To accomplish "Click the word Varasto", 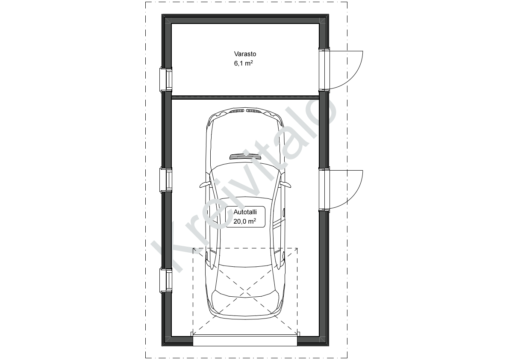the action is pos(245,54).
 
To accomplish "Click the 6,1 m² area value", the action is pos(244,63).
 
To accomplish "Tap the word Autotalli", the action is pos(245,212).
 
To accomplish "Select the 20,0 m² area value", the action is pos(244,221).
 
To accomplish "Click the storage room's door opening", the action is pos(324,70).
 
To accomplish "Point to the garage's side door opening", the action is pos(324,189).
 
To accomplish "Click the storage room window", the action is pos(165,80).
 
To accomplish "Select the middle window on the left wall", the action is pos(165,180).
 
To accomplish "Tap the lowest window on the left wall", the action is pos(165,280).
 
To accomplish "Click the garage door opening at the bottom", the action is pos(245,340).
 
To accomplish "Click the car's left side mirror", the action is pos(205,184).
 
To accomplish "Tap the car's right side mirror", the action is pos(285,184).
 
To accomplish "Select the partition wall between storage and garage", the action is pos(245,97).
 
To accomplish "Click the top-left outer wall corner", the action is pos(162,15).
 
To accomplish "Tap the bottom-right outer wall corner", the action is pos(329,345).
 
